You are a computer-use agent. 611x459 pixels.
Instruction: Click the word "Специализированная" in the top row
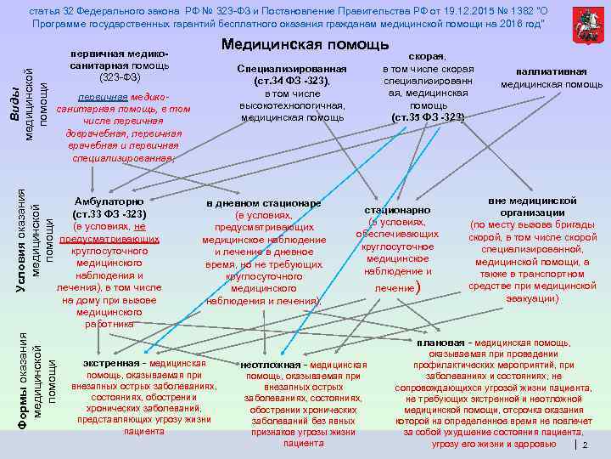[x=292, y=68]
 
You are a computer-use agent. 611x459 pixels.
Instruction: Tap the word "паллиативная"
[x=552, y=71]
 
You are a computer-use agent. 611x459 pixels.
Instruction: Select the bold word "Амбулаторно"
[x=109, y=201]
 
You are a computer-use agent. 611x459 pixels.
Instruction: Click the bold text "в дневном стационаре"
[x=264, y=204]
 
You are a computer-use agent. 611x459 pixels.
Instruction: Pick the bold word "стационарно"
[x=397, y=209]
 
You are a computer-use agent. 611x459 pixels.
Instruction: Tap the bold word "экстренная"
[x=110, y=363]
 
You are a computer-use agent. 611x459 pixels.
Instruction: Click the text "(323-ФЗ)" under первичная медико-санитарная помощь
[x=122, y=77]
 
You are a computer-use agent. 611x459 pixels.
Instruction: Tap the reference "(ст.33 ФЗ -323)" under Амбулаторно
[x=110, y=213]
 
